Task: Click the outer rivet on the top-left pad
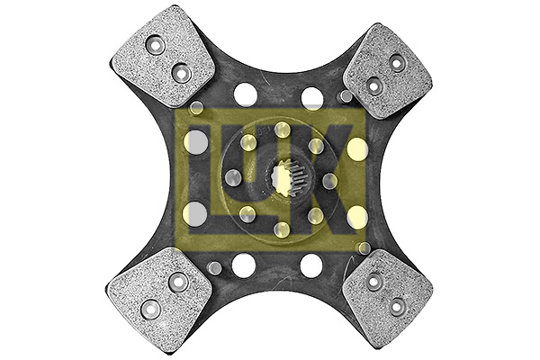(x=154, y=45)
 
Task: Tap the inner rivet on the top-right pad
(x=373, y=86)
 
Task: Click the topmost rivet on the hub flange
(x=282, y=129)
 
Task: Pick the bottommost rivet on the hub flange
(x=282, y=230)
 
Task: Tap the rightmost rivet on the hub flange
(x=329, y=181)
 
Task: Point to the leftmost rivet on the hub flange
(x=232, y=178)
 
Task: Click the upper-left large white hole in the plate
(x=245, y=94)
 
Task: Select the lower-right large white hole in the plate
(x=311, y=265)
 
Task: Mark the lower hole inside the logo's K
(x=357, y=215)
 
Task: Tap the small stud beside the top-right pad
(x=345, y=96)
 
